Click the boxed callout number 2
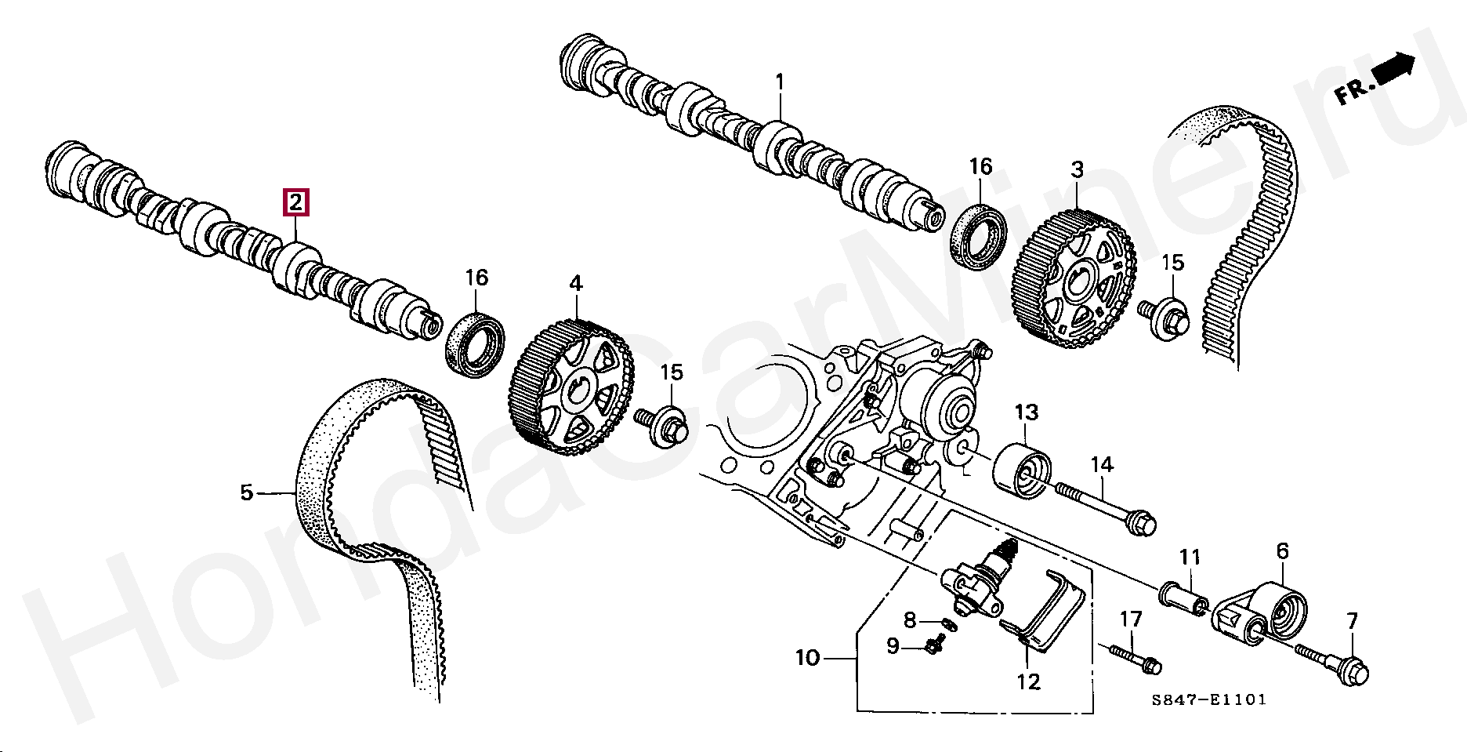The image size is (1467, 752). [x=295, y=203]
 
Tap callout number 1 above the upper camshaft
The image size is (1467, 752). [x=780, y=82]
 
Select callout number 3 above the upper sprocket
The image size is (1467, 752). [x=1078, y=169]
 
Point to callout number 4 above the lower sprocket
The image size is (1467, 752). [x=576, y=283]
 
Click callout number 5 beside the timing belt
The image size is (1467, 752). [x=247, y=492]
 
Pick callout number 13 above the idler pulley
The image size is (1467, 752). [x=1026, y=412]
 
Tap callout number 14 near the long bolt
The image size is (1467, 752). [x=1102, y=465]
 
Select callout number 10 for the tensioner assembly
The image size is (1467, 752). [x=807, y=657]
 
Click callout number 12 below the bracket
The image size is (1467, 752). [x=1028, y=681]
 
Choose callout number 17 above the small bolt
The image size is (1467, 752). [x=1131, y=619]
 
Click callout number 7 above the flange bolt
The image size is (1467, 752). [x=1353, y=622]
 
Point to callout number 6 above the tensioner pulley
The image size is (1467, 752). [x=1282, y=551]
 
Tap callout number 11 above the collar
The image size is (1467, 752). [x=1190, y=558]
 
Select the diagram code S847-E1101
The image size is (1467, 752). [x=1208, y=699]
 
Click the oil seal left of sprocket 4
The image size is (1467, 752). [x=475, y=343]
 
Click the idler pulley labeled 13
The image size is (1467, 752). [x=1023, y=470]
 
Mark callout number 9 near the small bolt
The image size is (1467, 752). [x=893, y=646]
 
